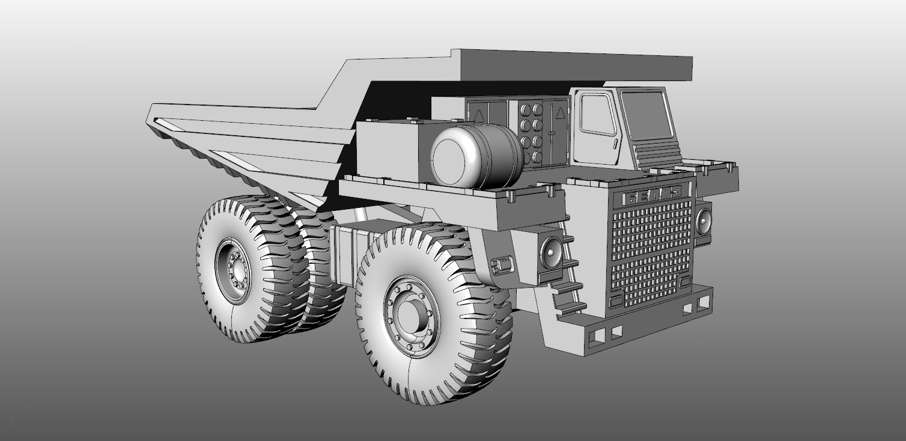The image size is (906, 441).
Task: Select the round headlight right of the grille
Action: [x=703, y=222]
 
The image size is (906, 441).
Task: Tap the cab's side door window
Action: [x=598, y=115]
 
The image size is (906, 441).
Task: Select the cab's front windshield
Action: [x=646, y=114]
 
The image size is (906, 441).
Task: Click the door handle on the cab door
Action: [x=615, y=144]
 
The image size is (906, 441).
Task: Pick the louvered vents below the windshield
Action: [x=658, y=154]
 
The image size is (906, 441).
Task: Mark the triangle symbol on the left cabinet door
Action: [x=479, y=115]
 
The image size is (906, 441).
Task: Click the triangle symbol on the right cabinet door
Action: [x=559, y=112]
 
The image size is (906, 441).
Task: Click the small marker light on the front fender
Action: [x=502, y=264]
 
